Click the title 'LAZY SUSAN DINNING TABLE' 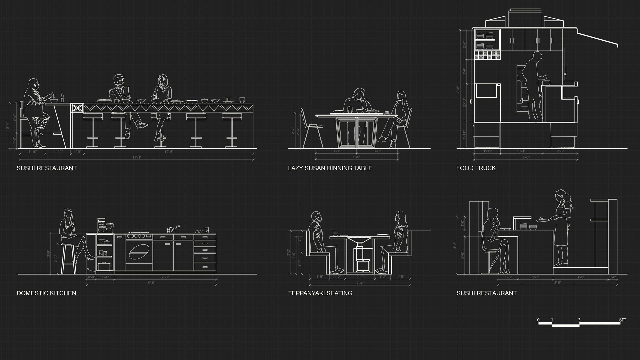coord(330,168)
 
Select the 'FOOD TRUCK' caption coord(476,168)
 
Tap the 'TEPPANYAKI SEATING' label coord(320,293)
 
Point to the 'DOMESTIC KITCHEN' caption coord(46,293)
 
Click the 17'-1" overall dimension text coord(137,157)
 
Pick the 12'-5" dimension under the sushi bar coord(169,152)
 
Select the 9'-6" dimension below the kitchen coord(151,283)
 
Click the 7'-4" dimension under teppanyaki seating coord(360,283)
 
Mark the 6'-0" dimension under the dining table coord(357,157)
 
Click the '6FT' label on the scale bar coord(623,320)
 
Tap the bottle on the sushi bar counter coord(62,98)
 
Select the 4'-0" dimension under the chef coord(581,277)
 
